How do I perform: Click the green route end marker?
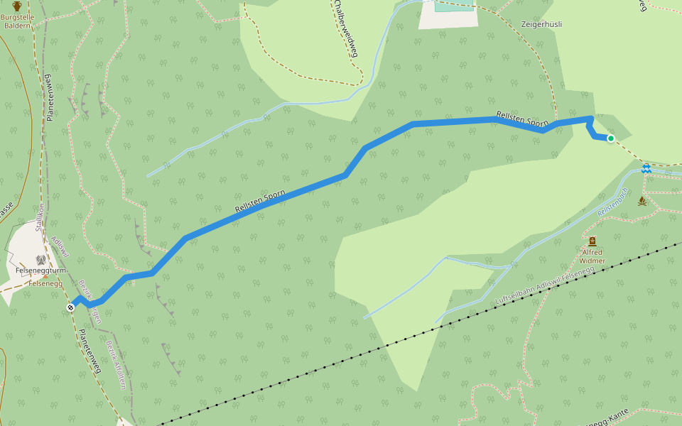610,138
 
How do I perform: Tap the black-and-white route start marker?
70,307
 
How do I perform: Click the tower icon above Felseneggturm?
40,260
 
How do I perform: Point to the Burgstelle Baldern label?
17,21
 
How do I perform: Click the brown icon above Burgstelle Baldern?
17,6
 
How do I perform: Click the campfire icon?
642,201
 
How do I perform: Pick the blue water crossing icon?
646,169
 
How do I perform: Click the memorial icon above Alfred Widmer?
592,241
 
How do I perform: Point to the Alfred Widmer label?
592,256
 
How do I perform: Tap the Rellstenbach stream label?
612,202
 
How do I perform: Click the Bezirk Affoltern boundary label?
117,365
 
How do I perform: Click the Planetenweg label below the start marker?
90,351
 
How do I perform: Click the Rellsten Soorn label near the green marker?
522,119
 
